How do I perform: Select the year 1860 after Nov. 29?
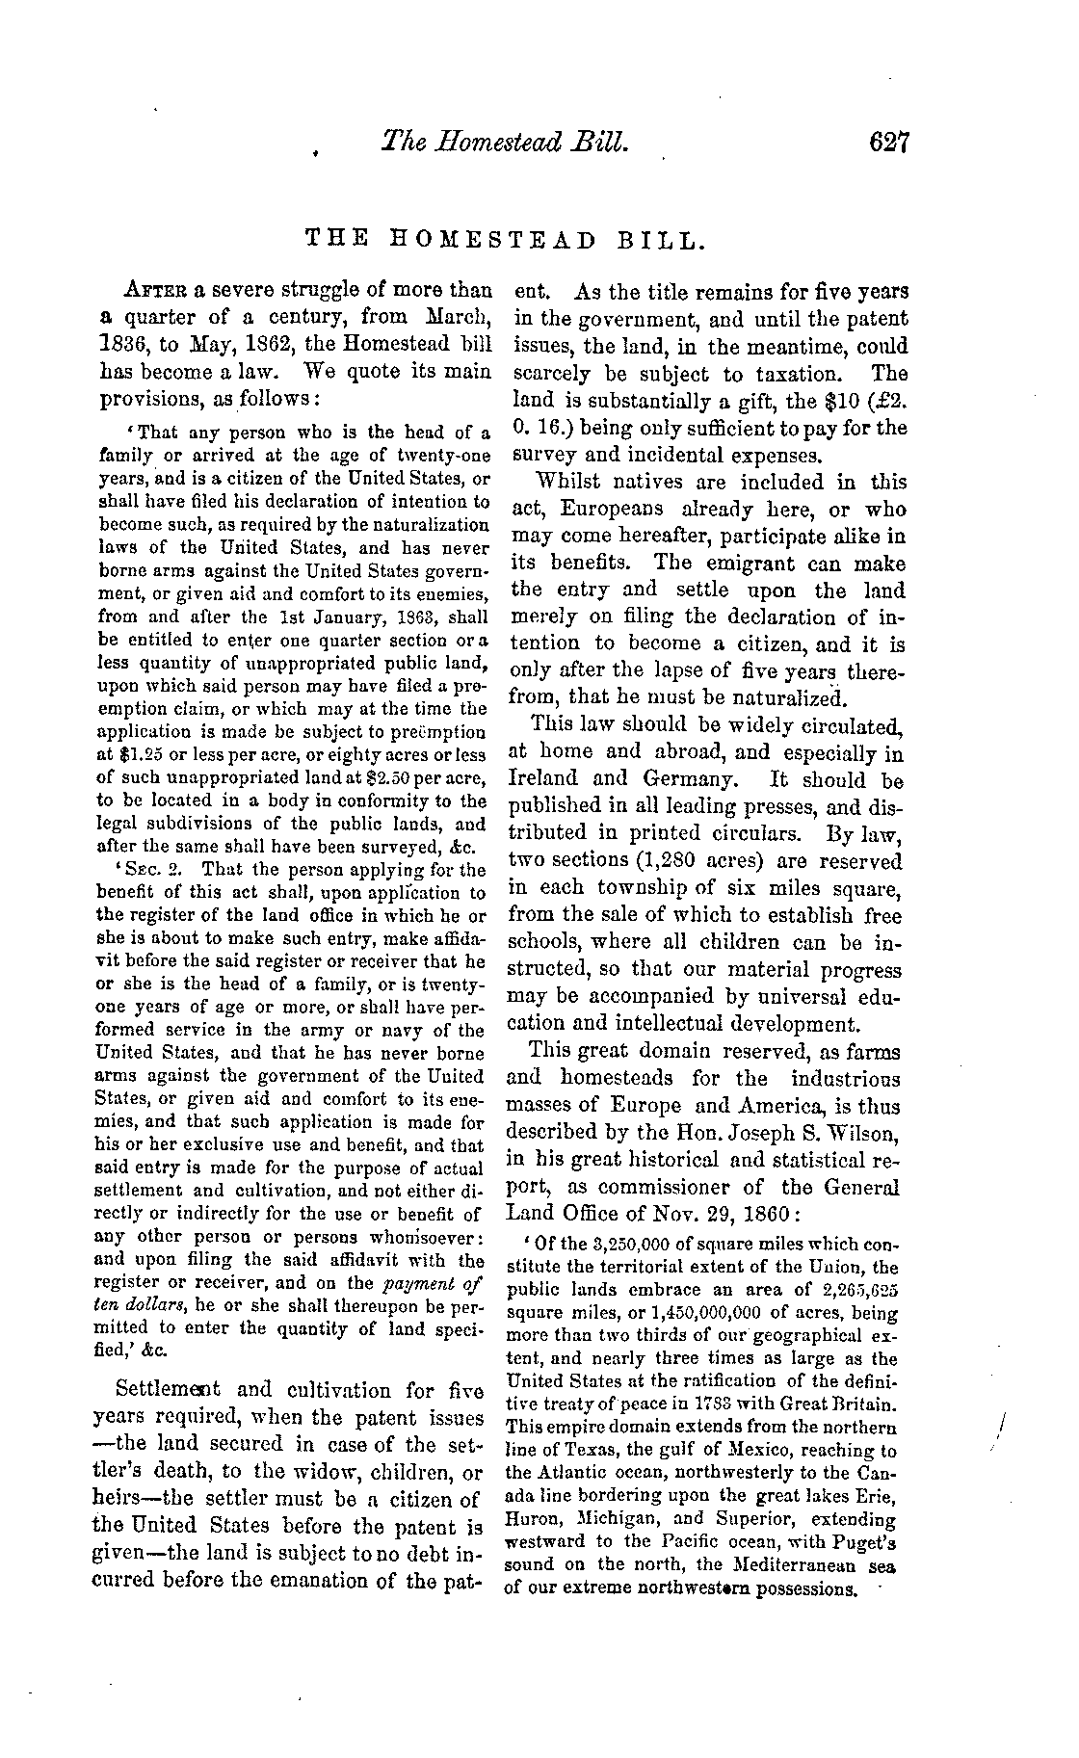pos(762,1214)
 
